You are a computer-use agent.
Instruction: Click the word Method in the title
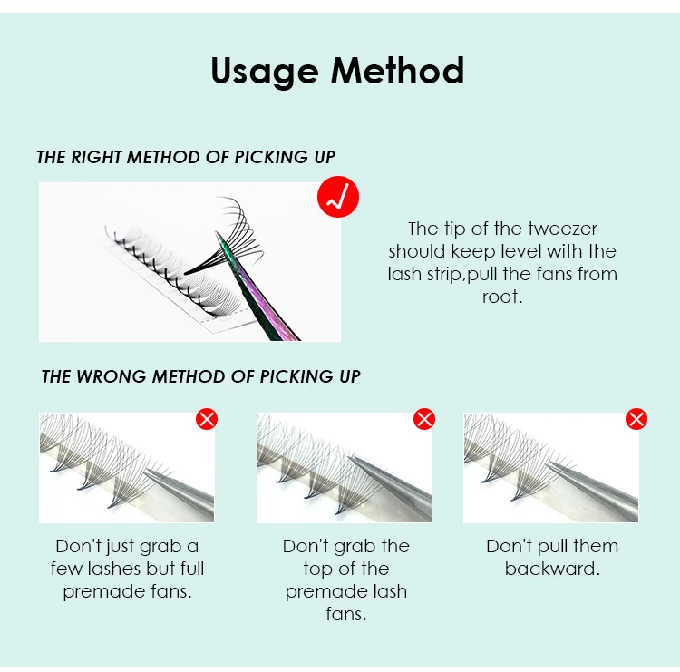(x=397, y=70)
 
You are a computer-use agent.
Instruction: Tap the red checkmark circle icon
(x=338, y=197)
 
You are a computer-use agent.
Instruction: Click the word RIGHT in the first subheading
(x=96, y=157)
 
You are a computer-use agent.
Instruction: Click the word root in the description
(x=502, y=297)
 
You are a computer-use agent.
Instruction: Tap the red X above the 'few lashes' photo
(x=207, y=419)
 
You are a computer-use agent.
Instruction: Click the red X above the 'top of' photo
(x=424, y=419)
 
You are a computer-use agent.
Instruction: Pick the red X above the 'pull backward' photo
(x=636, y=419)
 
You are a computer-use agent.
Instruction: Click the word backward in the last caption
(x=552, y=569)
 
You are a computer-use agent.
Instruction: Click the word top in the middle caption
(x=319, y=570)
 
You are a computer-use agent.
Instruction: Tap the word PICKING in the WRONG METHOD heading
(x=296, y=376)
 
